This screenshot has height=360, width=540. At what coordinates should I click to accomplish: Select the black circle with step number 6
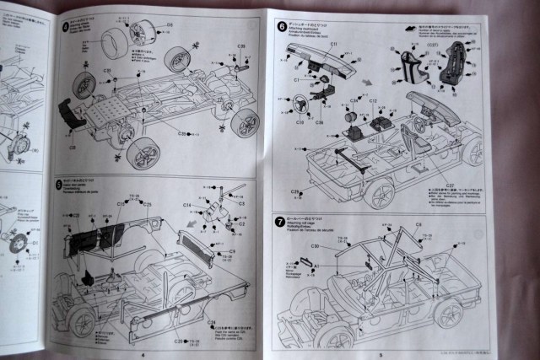[281, 26]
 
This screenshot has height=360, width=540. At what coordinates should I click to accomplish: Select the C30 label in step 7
[313, 246]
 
